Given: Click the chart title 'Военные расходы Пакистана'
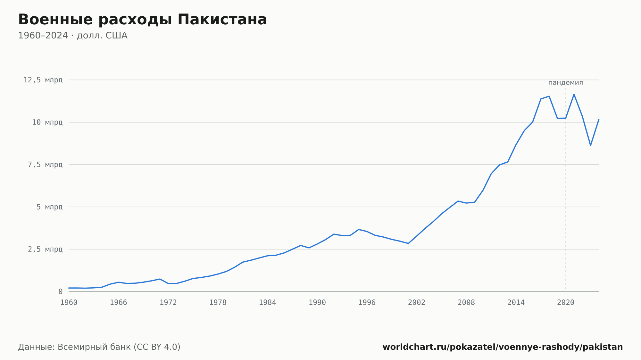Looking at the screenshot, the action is click(143, 20).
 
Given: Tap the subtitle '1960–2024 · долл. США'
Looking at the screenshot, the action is click(73, 36).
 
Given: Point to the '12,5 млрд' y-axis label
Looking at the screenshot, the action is click(43, 80).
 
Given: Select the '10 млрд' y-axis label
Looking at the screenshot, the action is click(47, 122).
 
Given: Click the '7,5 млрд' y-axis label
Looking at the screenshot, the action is click(45, 165).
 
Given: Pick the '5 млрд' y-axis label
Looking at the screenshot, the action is click(49, 207).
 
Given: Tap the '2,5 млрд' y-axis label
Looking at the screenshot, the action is click(45, 249).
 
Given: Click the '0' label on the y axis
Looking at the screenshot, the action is click(60, 292).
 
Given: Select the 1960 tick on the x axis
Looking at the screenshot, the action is click(69, 303).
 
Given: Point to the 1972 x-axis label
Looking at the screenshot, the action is click(168, 303).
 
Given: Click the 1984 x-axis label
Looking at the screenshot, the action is click(268, 303).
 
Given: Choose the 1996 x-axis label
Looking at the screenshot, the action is click(367, 303).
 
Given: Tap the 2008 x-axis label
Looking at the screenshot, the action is click(466, 303).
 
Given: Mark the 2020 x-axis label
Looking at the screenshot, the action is click(566, 303).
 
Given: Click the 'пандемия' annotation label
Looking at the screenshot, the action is click(566, 83).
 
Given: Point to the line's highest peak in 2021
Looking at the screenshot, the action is click(574, 94).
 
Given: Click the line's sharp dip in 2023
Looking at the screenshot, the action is click(590, 145).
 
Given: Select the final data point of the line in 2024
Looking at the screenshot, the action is click(599, 119).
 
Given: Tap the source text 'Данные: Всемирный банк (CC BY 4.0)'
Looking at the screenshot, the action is click(99, 347).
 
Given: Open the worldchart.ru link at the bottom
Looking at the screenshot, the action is click(503, 347).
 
